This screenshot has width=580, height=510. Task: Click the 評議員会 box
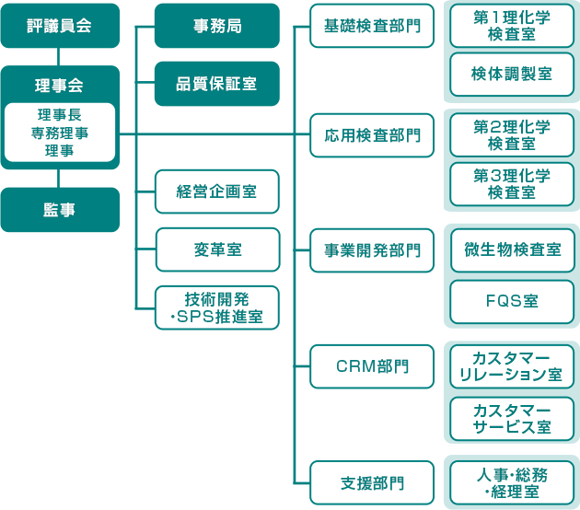point(60,26)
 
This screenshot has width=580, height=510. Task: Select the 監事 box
point(60,210)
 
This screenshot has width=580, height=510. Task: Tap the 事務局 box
point(217,26)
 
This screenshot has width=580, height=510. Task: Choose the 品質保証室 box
point(217,84)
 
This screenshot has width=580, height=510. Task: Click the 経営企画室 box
point(217,191)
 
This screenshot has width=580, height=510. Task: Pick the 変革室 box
point(217,249)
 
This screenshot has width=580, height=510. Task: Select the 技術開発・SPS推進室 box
point(217,307)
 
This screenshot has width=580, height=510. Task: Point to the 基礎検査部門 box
point(372,26)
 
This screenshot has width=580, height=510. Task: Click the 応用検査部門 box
point(372,135)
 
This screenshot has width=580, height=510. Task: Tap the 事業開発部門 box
point(372,250)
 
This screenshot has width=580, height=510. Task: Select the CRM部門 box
point(372,366)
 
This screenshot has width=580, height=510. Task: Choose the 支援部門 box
point(372,482)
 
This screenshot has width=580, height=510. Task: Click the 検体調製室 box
point(512,75)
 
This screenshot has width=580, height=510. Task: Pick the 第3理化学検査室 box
point(512,184)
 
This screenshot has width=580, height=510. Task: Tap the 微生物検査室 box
point(512,250)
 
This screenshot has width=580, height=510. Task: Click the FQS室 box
point(512,302)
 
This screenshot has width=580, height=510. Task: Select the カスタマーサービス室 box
point(512,419)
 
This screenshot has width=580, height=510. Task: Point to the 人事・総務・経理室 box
point(512,482)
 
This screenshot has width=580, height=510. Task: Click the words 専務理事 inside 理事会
point(60,133)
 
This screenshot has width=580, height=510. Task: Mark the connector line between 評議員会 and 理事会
point(58,56)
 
